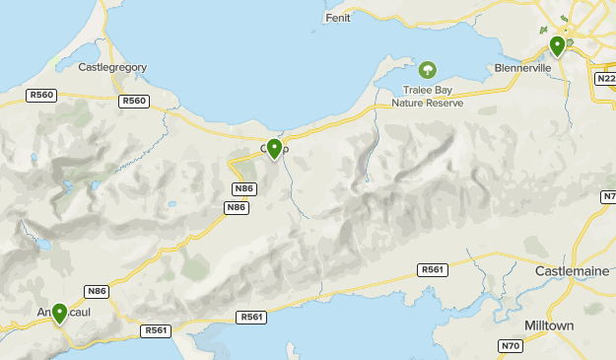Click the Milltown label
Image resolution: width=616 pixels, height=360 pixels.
pos(577,324)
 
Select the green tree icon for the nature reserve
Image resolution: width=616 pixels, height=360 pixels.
pos(428,70)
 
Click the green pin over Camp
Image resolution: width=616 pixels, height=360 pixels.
pos(274,148)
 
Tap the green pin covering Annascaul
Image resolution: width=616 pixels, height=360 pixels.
pos(59,314)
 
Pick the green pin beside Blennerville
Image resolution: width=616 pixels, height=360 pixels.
pos(557,45)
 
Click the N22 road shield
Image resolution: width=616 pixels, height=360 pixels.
pos(605,78)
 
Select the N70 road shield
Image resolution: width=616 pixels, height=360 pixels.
pos(510,345)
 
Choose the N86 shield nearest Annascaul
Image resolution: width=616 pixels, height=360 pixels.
pos(96,291)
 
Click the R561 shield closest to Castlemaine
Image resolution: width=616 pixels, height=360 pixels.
pos(431,269)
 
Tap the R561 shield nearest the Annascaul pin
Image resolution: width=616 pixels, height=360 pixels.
pos(154,330)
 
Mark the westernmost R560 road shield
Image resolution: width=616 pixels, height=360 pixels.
pos(41,96)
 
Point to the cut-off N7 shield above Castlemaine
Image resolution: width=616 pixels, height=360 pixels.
pos(608,197)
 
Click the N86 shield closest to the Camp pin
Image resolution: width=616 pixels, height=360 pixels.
pos(243,188)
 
